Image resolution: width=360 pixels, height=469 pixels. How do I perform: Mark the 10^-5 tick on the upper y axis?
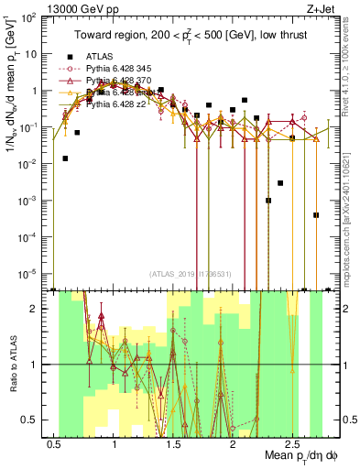pos(28,272)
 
